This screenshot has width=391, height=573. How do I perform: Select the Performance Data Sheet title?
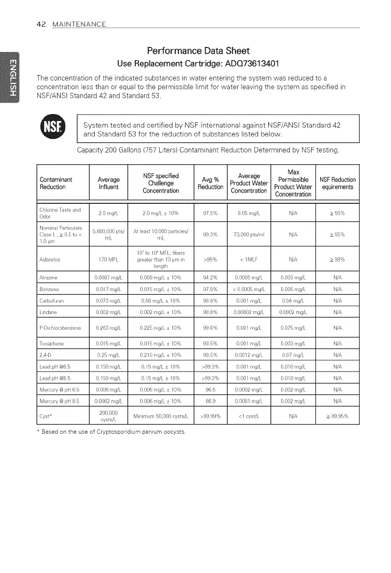pos(197,50)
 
